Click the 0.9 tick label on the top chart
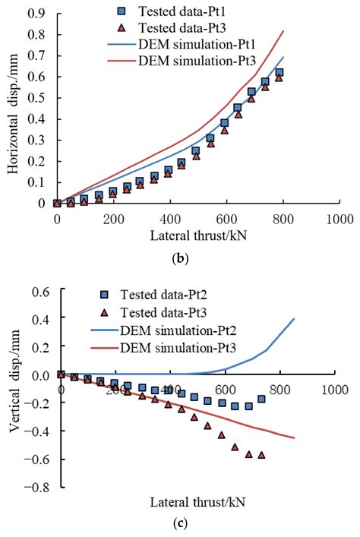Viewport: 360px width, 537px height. [37, 14]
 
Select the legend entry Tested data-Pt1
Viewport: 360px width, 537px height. [172, 11]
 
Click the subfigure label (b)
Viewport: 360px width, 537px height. [180, 258]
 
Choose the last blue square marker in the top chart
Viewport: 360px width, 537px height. [279, 73]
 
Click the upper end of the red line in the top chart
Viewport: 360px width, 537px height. [283, 31]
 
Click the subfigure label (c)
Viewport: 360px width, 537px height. [180, 523]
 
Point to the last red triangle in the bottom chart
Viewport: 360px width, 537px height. [262, 455]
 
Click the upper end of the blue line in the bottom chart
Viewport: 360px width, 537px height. [294, 319]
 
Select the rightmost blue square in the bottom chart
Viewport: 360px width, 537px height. [261, 399]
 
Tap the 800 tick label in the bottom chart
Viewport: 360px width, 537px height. [279, 390]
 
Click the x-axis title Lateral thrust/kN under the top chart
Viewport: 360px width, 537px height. [198, 235]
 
